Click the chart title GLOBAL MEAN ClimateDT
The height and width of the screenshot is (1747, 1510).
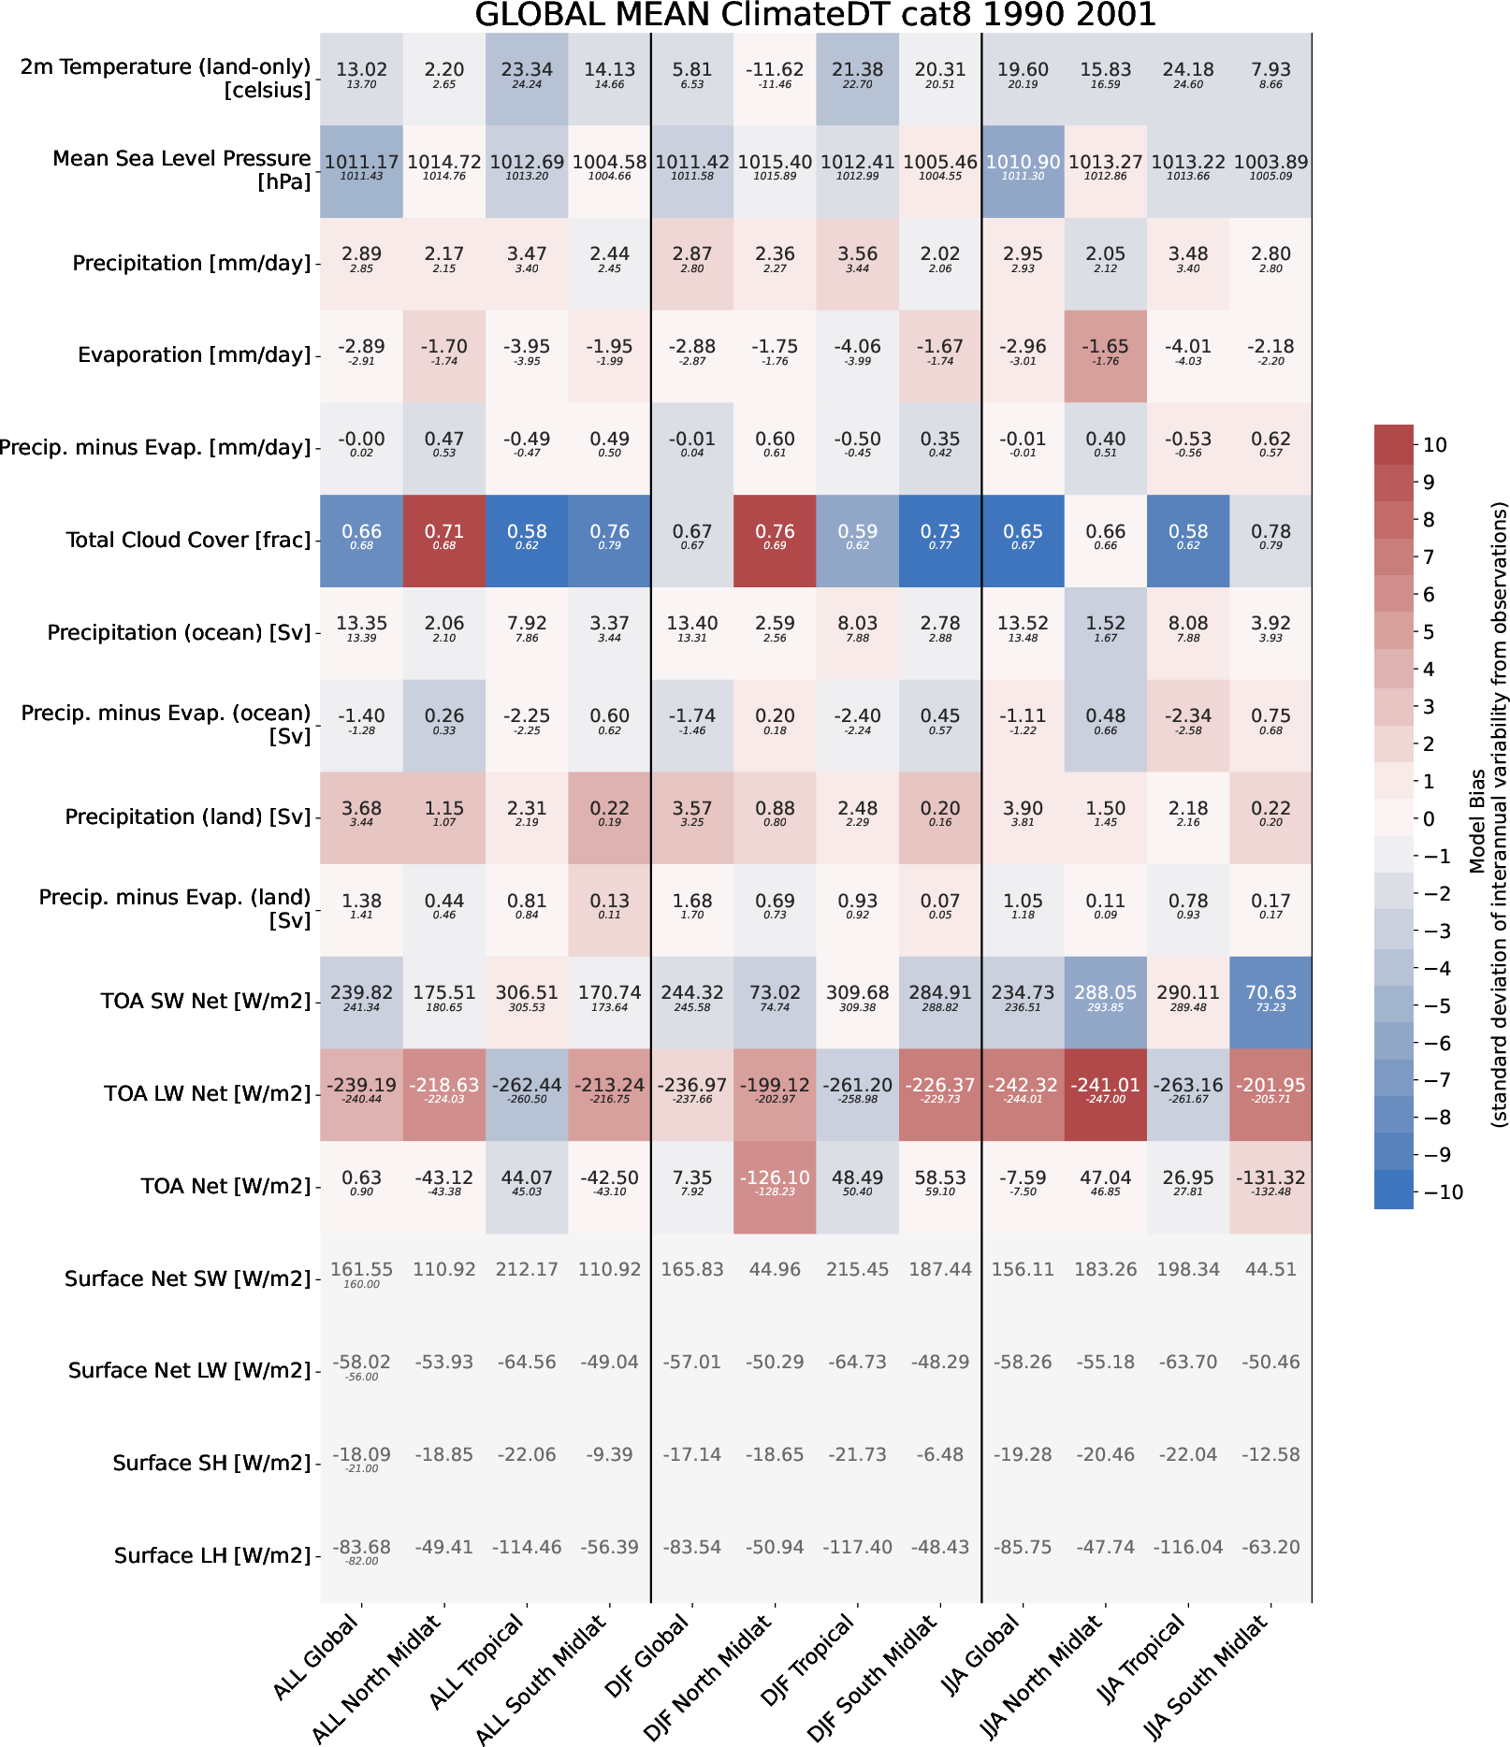[x=815, y=15]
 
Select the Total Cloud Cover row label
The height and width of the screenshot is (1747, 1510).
[x=188, y=541]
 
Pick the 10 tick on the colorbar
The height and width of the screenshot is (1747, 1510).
[x=1434, y=445]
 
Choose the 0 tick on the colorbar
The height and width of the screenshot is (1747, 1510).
[x=1429, y=819]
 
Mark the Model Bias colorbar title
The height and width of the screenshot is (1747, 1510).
[x=1488, y=814]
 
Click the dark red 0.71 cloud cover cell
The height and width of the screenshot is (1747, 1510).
[x=444, y=541]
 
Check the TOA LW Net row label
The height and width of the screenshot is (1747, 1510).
[x=207, y=1094]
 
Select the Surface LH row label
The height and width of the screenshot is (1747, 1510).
[x=212, y=1556]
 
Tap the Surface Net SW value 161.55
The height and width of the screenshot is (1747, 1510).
[x=361, y=1270]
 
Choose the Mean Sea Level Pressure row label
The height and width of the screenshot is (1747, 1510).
[x=181, y=170]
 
